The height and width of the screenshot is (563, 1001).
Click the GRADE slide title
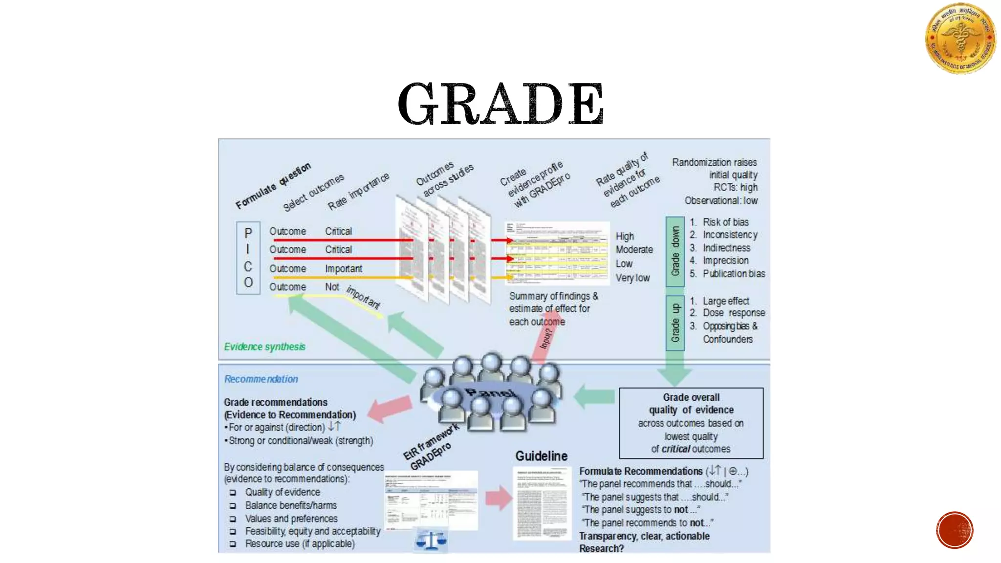pyautogui.click(x=501, y=104)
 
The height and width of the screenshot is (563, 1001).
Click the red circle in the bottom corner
pyautogui.click(x=955, y=530)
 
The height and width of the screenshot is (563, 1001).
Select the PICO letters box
pyautogui.click(x=248, y=258)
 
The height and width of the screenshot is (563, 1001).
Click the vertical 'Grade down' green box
pyautogui.click(x=675, y=251)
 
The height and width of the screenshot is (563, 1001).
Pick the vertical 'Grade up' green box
pyautogui.click(x=675, y=323)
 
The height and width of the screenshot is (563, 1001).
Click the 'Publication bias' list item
pyautogui.click(x=733, y=274)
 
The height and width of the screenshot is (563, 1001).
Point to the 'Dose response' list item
pyautogui.click(x=733, y=313)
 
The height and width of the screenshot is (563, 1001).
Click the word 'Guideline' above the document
pyautogui.click(x=541, y=456)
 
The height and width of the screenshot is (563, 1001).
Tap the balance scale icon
pyautogui.click(x=431, y=541)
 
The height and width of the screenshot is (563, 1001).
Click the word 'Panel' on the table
pyautogui.click(x=490, y=393)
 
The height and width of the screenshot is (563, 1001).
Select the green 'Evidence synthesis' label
pyautogui.click(x=264, y=346)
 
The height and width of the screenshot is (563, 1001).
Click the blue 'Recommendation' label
pyautogui.click(x=261, y=379)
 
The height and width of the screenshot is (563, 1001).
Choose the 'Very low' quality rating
pyautogui.click(x=632, y=278)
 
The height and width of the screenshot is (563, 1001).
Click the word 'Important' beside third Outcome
pyautogui.click(x=344, y=269)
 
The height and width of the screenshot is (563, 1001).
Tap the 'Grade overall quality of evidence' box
pyautogui.click(x=691, y=423)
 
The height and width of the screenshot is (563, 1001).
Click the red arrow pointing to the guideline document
pyautogui.click(x=498, y=498)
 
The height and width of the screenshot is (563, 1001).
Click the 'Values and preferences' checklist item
pyautogui.click(x=291, y=519)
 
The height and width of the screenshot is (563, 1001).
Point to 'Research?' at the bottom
pyautogui.click(x=601, y=548)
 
